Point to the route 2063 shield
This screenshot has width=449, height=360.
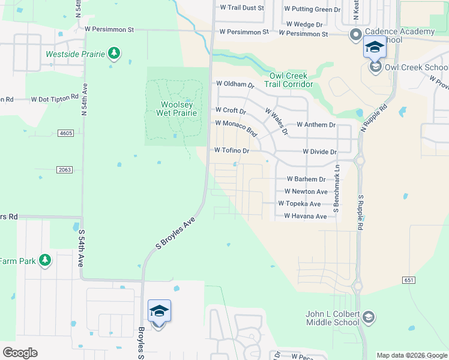coord(65,170)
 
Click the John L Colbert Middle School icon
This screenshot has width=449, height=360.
coord(369,317)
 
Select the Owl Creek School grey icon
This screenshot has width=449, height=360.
coord(376,67)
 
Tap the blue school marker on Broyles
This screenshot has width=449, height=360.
coord(159,311)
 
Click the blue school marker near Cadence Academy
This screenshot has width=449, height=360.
coord(375,47)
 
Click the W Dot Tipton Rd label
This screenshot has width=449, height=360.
coord(55,98)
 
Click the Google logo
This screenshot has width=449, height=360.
coord(20,353)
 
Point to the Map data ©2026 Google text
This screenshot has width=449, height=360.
coord(411,355)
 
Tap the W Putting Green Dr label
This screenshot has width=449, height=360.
coord(312,9)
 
